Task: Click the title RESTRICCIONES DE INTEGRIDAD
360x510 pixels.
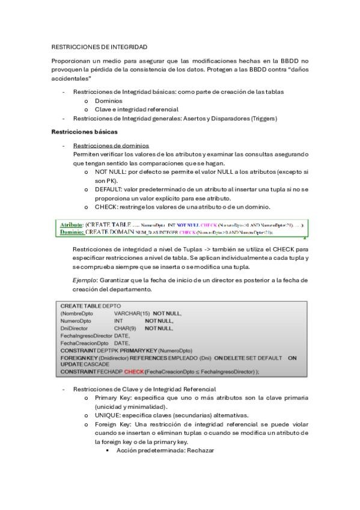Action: (99, 46)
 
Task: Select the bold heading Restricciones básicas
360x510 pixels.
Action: (84, 132)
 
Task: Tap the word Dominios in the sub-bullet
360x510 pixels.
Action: (109, 101)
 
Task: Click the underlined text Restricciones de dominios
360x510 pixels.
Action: (111, 146)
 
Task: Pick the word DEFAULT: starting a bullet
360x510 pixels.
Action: (109, 189)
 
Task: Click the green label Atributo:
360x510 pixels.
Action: (72, 224)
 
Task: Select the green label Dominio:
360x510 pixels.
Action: (72, 232)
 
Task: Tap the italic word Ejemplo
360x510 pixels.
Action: (84, 280)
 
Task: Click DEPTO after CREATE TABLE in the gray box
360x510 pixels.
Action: (112, 306)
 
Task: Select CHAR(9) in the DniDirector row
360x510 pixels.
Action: (125, 328)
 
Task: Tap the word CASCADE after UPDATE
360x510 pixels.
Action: (96, 364)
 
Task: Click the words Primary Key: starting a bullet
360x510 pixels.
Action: (114, 398)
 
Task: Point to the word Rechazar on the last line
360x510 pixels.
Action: (201, 450)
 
